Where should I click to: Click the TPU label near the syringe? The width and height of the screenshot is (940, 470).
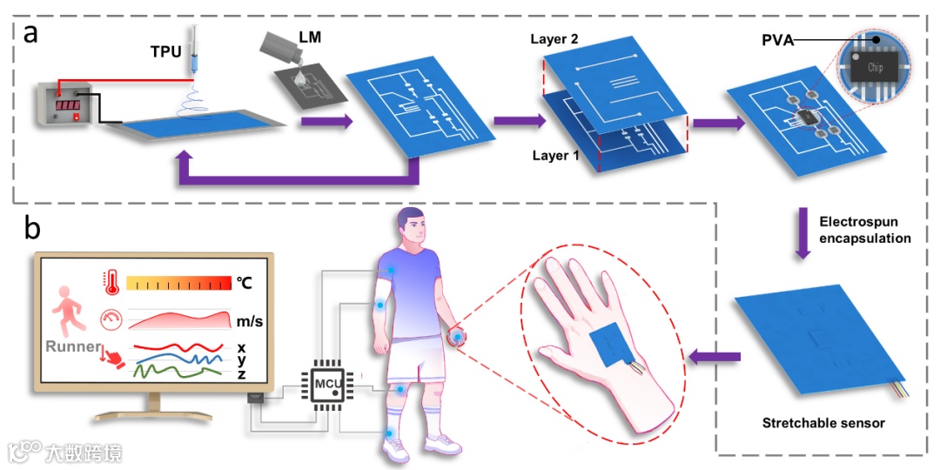[165, 51]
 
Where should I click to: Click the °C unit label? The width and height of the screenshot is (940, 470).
[245, 282]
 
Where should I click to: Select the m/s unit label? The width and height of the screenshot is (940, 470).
[250, 322]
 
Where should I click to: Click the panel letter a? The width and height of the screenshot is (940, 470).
[31, 34]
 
